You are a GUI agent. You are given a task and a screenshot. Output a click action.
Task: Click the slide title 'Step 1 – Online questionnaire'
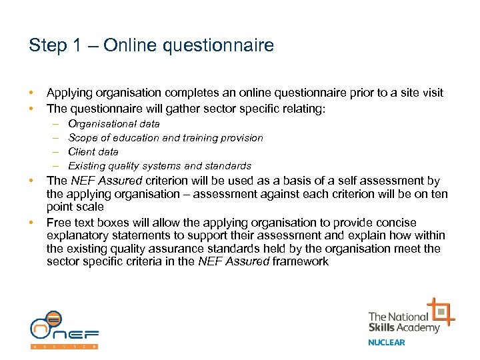[x=151, y=45]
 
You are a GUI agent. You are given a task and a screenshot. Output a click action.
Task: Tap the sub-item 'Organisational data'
[x=114, y=124]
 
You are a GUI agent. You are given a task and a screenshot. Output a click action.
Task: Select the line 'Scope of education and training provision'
[x=165, y=138]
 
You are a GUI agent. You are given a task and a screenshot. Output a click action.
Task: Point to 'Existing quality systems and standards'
[x=159, y=166]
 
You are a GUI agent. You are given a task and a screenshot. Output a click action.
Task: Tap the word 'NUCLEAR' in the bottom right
[x=387, y=343]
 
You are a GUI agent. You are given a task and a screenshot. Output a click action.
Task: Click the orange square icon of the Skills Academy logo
[x=441, y=311]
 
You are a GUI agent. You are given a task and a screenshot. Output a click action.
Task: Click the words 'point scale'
[x=75, y=207]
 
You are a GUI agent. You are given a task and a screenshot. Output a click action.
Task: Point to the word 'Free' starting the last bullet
[x=59, y=223]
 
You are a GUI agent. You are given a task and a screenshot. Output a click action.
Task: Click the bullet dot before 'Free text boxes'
[x=31, y=223]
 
